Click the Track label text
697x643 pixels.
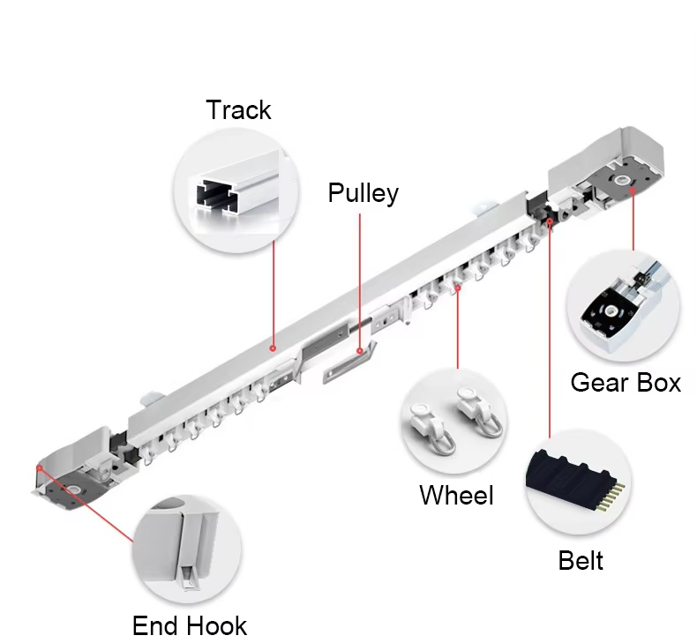pos(238,110)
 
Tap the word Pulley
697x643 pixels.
pos(363,193)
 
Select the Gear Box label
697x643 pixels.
pos(626,383)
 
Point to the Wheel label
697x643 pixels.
pos(456,495)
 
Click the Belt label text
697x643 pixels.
pos(581,560)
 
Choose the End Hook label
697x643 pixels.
pos(190,625)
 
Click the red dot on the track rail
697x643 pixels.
pos(273,348)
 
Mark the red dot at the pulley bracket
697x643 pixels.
pos(360,352)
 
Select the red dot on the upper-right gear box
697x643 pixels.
pos(633,191)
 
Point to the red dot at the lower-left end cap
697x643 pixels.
pos(40,467)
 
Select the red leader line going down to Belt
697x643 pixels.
pos(550,330)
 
